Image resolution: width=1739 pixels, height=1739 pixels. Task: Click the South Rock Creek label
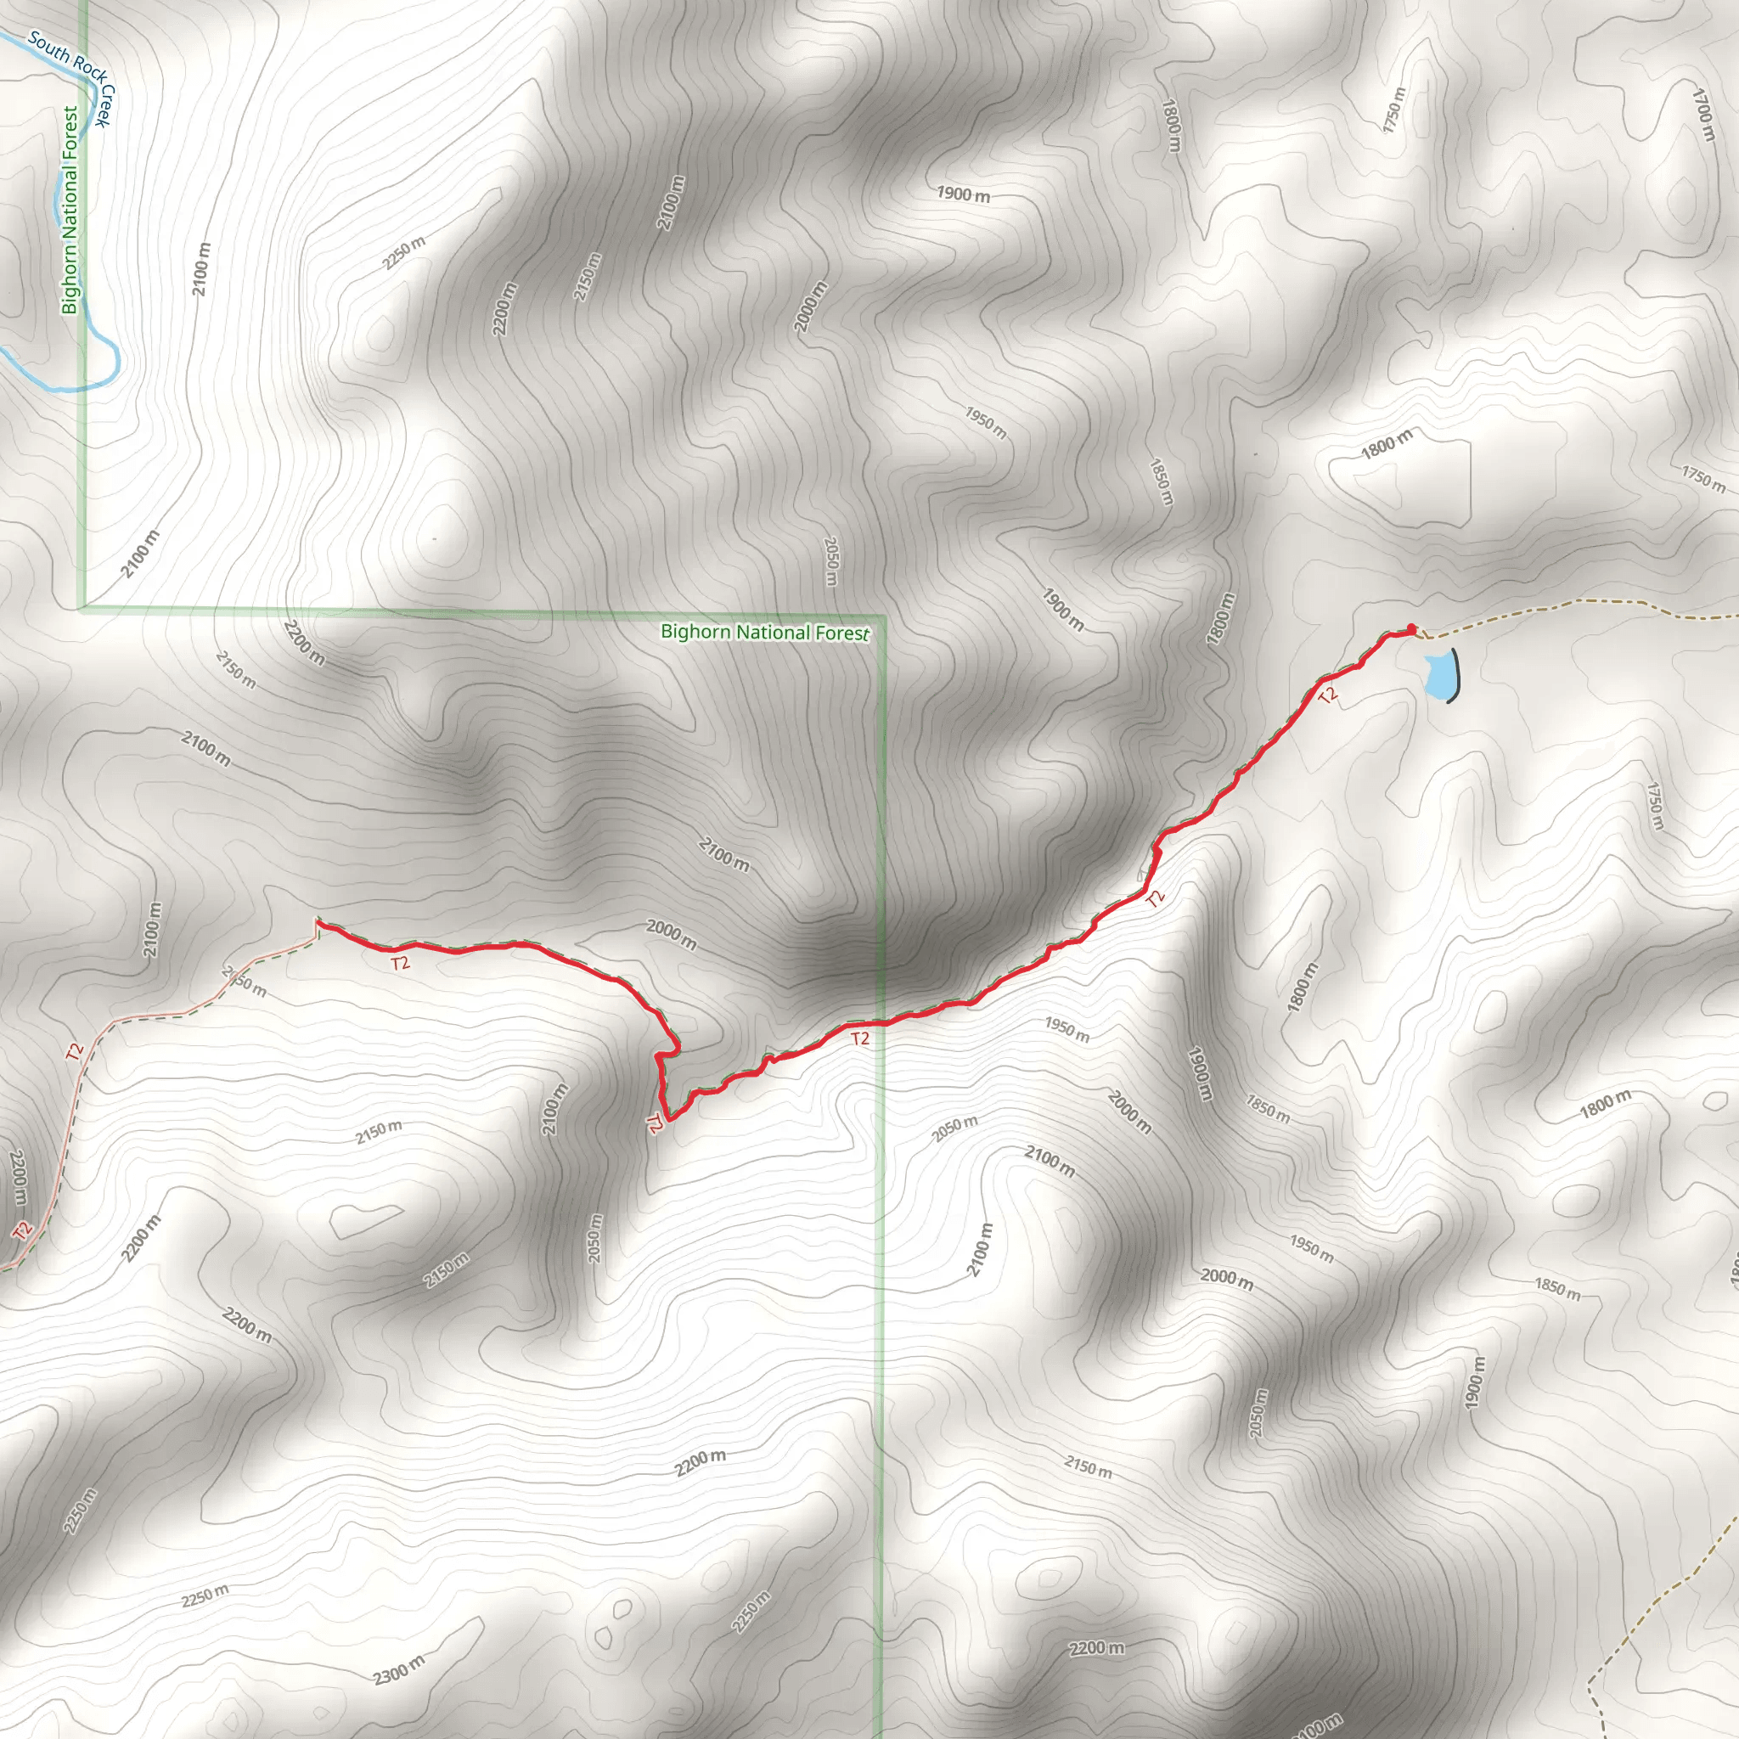point(72,76)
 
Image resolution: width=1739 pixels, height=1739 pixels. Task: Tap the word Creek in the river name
point(105,105)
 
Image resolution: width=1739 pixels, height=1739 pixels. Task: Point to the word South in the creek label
point(47,48)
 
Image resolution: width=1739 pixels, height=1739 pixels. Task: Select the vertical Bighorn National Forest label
point(70,210)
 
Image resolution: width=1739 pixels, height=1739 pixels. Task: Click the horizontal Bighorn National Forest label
point(765,632)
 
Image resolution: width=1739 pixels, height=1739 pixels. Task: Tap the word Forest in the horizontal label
point(842,633)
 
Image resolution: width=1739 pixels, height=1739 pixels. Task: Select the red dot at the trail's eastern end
point(1410,628)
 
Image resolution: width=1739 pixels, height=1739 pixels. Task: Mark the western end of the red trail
point(317,921)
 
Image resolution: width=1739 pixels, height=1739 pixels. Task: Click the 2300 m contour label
point(399,1669)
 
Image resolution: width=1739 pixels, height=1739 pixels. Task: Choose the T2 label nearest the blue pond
point(1329,694)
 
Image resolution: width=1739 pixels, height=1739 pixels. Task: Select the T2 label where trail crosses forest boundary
point(859,1038)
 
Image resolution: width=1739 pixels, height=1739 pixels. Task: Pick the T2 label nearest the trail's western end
point(400,963)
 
